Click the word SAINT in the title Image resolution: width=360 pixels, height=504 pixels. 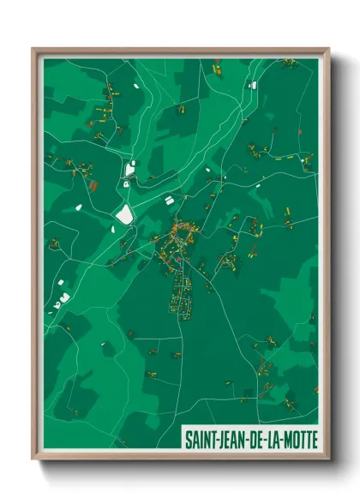coord(202,440)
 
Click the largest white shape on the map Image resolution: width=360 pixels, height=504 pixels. coord(125,214)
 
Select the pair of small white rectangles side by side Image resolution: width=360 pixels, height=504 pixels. coord(169,200)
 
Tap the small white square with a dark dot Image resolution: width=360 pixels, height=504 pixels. coord(127,183)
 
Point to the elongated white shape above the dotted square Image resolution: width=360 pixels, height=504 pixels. coord(130,169)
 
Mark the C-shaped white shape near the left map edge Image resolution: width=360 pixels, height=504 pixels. coord(63,298)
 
